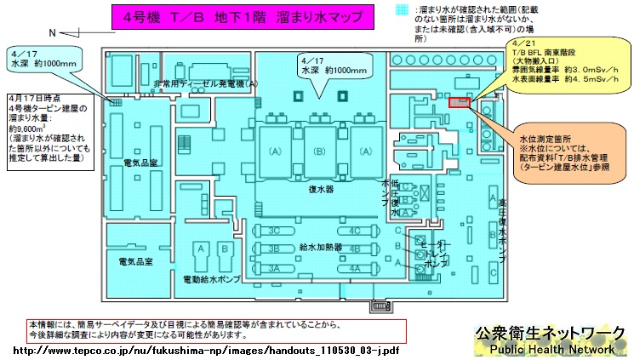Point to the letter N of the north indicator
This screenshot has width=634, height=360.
tap(53, 32)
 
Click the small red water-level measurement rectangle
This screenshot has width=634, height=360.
tap(459, 102)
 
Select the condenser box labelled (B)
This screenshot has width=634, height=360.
tap(320, 151)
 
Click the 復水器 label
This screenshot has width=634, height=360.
tap(320, 191)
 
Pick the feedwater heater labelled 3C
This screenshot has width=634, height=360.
tap(275, 231)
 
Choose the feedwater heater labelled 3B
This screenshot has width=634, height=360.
tap(275, 249)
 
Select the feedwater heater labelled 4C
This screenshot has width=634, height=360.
tap(354, 231)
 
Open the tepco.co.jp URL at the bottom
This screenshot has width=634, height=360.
tap(205, 350)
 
